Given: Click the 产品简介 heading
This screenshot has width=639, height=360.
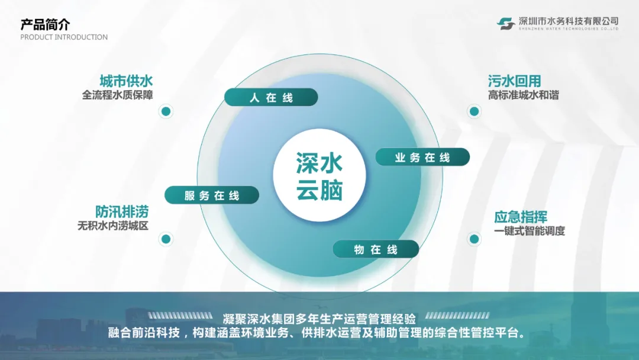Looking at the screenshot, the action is tap(45, 24).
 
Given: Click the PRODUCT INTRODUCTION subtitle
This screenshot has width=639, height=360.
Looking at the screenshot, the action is tap(64, 37).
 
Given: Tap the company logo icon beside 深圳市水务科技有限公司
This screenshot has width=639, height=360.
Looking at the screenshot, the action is tap(506, 23).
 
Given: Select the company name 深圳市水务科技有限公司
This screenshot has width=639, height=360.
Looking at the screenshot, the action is tap(569, 21).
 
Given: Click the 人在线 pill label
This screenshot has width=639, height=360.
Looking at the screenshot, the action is tap(271, 98).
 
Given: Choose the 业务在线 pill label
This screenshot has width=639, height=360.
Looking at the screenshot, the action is tap(422, 157).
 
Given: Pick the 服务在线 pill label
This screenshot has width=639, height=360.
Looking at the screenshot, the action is tap(211, 195).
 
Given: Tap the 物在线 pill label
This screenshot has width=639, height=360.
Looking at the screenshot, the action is tap(376, 249).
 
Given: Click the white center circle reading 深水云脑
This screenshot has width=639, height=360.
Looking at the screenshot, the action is tap(319, 176).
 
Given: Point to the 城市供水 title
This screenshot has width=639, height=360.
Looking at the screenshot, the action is tap(127, 81).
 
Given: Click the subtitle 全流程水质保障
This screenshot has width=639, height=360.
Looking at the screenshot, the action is tap(118, 95).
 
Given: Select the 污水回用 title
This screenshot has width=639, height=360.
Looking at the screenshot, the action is tap(514, 81).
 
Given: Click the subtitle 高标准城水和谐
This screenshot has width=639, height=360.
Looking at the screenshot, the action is tap(523, 95).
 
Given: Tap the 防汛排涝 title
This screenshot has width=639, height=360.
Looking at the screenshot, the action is tap(122, 211).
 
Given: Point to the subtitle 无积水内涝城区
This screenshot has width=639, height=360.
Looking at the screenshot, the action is tap(113, 226).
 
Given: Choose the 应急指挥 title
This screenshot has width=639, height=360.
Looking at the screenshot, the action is tap(521, 217).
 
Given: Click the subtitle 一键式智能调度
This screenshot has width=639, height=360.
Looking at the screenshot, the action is tap(530, 231).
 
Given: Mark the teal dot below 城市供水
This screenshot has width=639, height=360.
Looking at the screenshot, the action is tap(166, 111).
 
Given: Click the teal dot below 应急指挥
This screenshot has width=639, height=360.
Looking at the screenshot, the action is tap(474, 239).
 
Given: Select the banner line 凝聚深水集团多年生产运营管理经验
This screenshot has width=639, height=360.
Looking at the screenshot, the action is tap(319, 317).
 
